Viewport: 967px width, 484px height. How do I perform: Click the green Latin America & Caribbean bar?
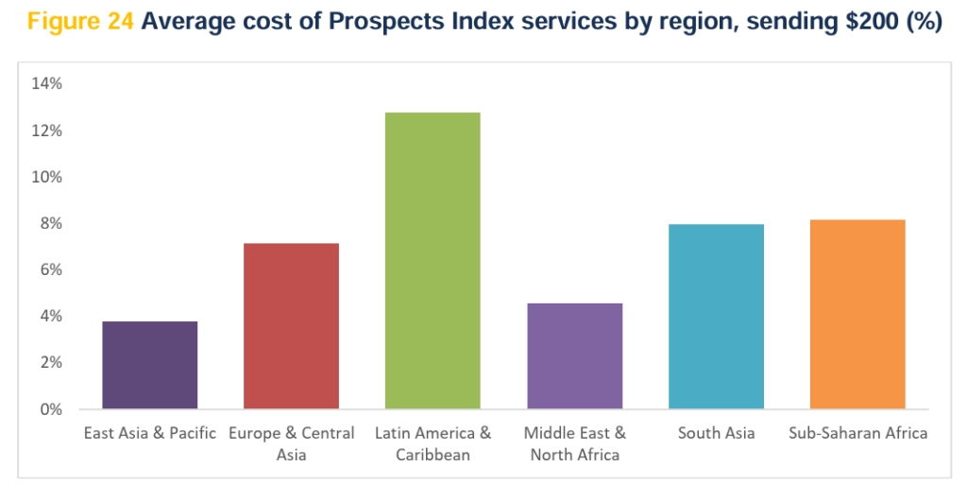click(433, 261)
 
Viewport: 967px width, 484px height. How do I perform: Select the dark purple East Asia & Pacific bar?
click(150, 365)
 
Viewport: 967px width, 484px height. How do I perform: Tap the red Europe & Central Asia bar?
click(291, 326)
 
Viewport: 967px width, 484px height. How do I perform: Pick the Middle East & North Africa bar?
click(574, 356)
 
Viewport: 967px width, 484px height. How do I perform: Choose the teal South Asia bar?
click(716, 317)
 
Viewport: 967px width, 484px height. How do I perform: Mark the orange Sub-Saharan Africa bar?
click(857, 314)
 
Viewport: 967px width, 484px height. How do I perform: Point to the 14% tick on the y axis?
click(46, 84)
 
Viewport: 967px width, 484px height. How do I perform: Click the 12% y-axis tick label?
click(46, 130)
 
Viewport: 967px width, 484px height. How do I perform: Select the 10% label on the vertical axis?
click(46, 177)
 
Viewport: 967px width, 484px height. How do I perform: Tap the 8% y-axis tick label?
click(50, 224)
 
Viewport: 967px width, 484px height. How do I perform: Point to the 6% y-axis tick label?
click(50, 270)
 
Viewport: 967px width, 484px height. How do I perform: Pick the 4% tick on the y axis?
click(50, 317)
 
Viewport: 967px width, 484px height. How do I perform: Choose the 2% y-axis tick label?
click(50, 363)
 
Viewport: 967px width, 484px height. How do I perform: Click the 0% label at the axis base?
click(50, 410)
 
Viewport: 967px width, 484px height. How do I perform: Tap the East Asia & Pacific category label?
click(150, 434)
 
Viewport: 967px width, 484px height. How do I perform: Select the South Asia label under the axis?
click(716, 434)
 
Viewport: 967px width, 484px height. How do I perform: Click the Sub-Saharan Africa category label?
click(857, 434)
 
